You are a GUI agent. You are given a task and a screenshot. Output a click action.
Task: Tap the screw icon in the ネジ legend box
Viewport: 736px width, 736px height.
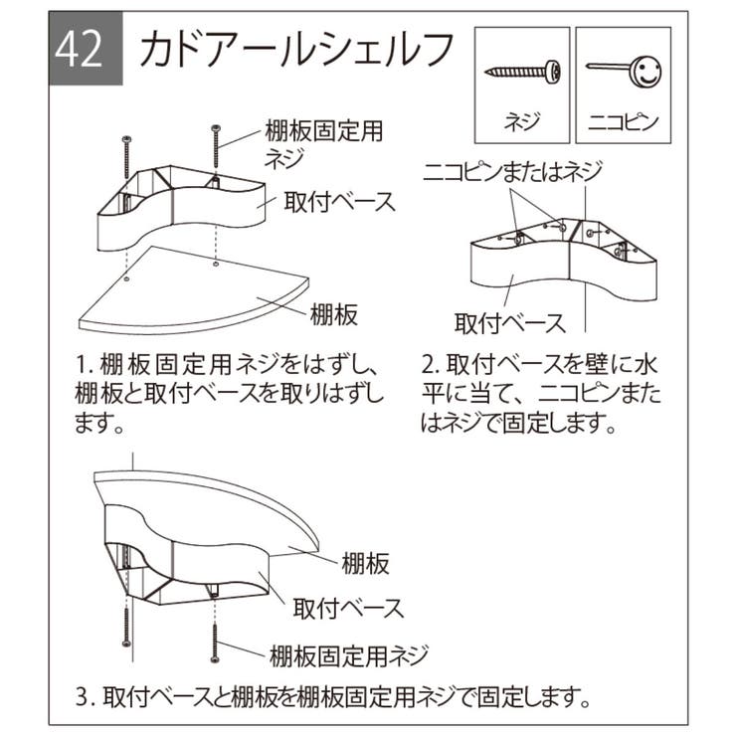(x=523, y=73)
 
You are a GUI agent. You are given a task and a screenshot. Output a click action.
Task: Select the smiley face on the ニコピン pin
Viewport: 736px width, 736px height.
(x=645, y=72)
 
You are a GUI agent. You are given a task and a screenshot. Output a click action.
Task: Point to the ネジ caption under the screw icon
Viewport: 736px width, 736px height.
(x=523, y=123)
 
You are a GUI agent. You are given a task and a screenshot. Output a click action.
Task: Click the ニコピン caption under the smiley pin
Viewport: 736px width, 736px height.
(x=622, y=123)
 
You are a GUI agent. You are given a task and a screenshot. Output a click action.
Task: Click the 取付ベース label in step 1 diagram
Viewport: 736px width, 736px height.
(x=337, y=201)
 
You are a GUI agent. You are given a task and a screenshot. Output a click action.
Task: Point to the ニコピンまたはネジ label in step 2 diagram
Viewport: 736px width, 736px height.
(x=512, y=171)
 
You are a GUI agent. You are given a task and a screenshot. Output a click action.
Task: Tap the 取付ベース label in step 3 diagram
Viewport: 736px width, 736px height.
(x=348, y=606)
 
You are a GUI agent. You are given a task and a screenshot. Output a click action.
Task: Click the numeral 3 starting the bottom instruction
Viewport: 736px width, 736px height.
(x=83, y=692)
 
